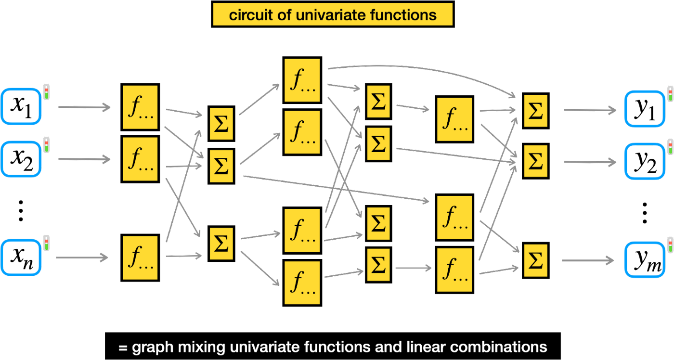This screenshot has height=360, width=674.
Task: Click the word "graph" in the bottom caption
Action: (151, 347)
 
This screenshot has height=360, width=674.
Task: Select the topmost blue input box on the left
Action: (21, 106)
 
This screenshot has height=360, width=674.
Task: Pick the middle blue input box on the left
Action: (21, 159)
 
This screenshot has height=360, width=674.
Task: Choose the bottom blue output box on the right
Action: (645, 260)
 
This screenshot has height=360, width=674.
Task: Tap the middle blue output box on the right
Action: (645, 162)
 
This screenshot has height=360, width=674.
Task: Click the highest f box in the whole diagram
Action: (302, 80)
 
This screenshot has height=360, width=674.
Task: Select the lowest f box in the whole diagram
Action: (302, 283)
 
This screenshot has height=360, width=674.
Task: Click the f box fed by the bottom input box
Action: (140, 257)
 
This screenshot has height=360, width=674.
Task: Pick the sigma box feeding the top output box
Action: (535, 111)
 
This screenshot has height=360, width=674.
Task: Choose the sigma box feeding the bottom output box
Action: (535, 260)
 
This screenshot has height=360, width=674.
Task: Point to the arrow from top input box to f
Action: (84, 107)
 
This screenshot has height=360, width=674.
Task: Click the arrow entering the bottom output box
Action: (587, 260)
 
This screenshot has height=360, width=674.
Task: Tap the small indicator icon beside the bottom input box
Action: (46, 243)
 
